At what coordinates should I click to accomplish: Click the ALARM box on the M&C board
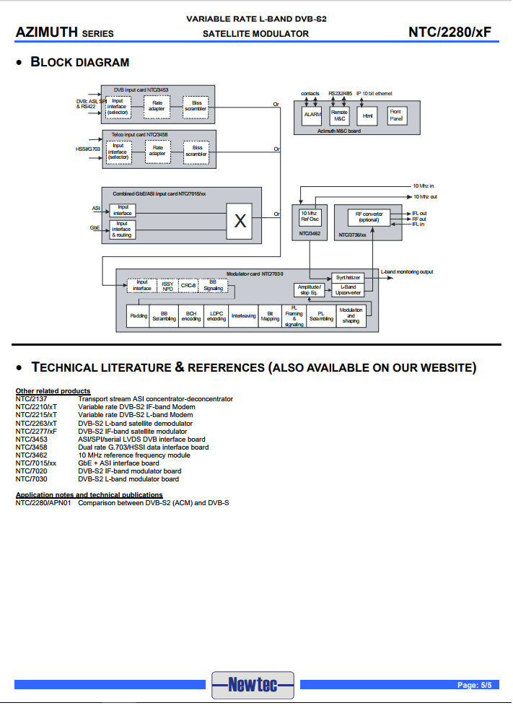coord(313,114)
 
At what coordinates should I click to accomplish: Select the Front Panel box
coord(396,114)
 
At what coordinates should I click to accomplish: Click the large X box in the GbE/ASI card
coord(240,222)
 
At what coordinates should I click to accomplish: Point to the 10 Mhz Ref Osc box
coord(310,216)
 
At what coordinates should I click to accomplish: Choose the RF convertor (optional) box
coord(369,216)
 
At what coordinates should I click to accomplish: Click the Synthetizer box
coord(348,277)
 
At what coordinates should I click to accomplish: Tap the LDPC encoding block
coord(216,317)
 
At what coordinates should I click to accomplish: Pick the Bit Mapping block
coord(269,317)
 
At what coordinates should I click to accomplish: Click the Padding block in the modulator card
coord(139,317)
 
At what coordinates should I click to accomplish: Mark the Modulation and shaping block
coord(351,317)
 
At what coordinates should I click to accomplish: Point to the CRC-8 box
coord(188,286)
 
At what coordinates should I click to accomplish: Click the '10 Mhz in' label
coord(424,185)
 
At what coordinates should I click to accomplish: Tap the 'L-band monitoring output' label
coord(408,271)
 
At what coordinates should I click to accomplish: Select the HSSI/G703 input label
coord(88,149)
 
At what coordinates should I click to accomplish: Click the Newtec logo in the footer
coord(253,684)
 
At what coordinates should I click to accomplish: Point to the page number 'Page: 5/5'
coord(474,684)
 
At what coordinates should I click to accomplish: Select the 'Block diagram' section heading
coord(79,62)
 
